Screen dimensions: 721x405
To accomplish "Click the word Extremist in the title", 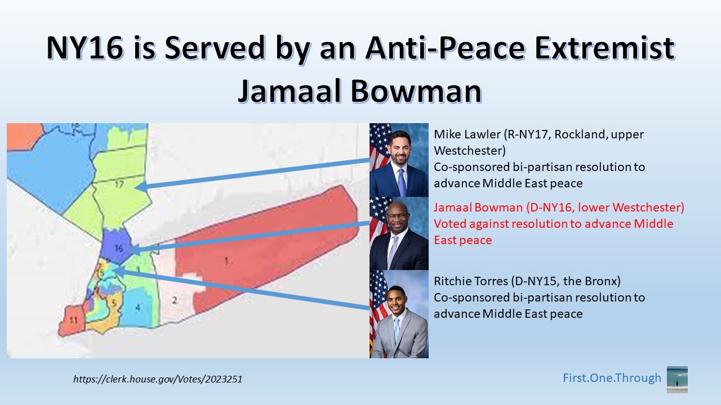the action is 604,48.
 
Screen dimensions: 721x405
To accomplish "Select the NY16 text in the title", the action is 85,48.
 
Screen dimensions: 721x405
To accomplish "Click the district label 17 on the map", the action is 119,184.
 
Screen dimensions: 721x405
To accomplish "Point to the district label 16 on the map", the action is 119,248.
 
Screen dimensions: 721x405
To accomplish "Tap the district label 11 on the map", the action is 74,320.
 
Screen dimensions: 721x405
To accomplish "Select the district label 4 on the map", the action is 138,308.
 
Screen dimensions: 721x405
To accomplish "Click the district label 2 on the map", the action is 175,300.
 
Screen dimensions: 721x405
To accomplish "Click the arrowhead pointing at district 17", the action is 141,187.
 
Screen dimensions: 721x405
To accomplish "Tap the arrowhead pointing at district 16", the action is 134,250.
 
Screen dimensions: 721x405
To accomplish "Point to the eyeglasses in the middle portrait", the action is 398,215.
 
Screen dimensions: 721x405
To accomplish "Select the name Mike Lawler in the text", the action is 468,134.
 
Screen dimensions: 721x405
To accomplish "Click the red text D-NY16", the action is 550,208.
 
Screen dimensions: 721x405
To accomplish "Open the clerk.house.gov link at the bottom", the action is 158,379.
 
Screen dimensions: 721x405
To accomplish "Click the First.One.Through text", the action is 612,378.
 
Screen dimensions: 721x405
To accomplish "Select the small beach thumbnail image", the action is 677,380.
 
